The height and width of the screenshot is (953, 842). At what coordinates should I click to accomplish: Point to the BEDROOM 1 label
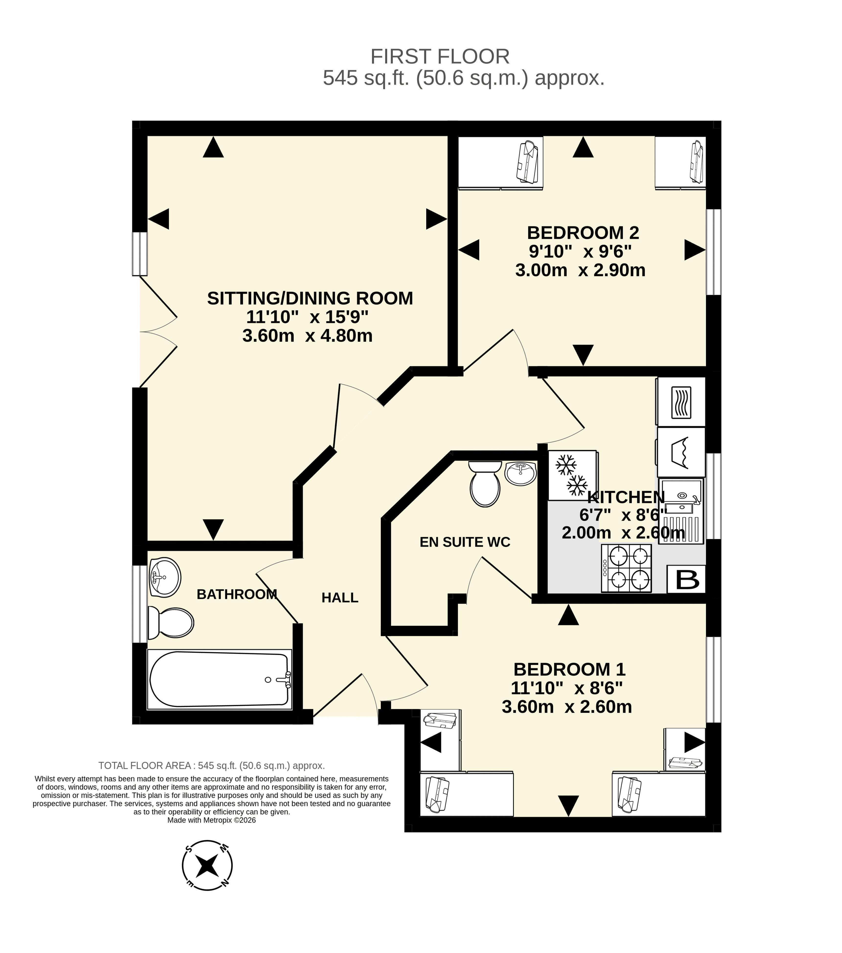pos(569,669)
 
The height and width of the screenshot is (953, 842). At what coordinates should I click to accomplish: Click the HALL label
pos(340,598)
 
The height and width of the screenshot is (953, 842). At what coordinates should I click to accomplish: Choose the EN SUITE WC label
pos(465,542)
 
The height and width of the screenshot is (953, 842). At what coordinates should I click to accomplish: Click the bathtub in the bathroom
pos(220,679)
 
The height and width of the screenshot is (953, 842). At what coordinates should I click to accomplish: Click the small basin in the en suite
pos(520,474)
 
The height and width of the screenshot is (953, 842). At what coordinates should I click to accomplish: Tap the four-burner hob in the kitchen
pos(626,568)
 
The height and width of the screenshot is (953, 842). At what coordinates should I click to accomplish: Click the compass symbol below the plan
pos(207,866)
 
